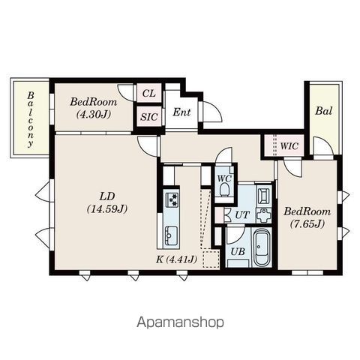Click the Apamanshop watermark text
coord(180,322)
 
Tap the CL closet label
coord(148,93)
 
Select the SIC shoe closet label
coord(148,116)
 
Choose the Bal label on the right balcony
coord(323,111)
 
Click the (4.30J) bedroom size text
coord(94,115)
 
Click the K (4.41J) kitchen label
coord(177,259)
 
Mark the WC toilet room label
coord(223,178)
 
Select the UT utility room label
coord(241,215)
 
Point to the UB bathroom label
coord(238,251)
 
